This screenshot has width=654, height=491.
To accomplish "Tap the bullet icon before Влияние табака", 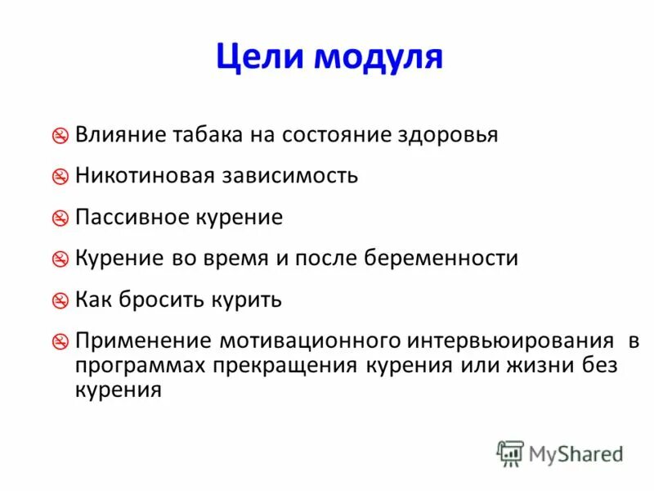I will (x=60, y=136).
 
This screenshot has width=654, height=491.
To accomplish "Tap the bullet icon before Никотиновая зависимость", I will (x=60, y=178).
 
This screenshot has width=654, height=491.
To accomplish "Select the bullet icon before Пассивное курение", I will (x=60, y=218).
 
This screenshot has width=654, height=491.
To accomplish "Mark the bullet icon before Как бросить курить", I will (x=60, y=300).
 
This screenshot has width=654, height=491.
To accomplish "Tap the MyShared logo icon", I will (x=510, y=453).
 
